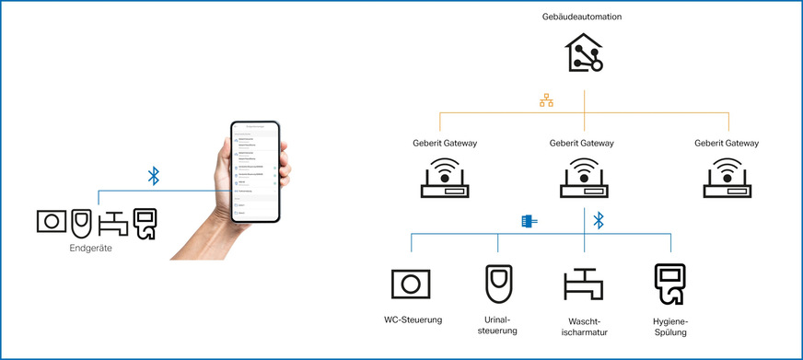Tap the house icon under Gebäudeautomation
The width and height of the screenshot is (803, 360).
pyautogui.click(x=585, y=53)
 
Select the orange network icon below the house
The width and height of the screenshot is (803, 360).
pyautogui.click(x=546, y=101)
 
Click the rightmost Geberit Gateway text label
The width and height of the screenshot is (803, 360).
pyautogui.click(x=727, y=144)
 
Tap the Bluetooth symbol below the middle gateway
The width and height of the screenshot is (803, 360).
pyautogui.click(x=598, y=221)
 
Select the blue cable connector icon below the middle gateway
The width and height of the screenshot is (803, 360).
pyautogui.click(x=529, y=221)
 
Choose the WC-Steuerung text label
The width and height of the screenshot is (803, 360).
pyautogui.click(x=413, y=320)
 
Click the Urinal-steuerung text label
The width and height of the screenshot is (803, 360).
pyautogui.click(x=497, y=325)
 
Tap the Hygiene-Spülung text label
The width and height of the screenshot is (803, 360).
pyautogui.click(x=669, y=326)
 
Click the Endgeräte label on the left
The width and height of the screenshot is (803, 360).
pyautogui.click(x=90, y=248)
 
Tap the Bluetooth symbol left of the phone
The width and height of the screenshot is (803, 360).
pyautogui.click(x=154, y=175)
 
